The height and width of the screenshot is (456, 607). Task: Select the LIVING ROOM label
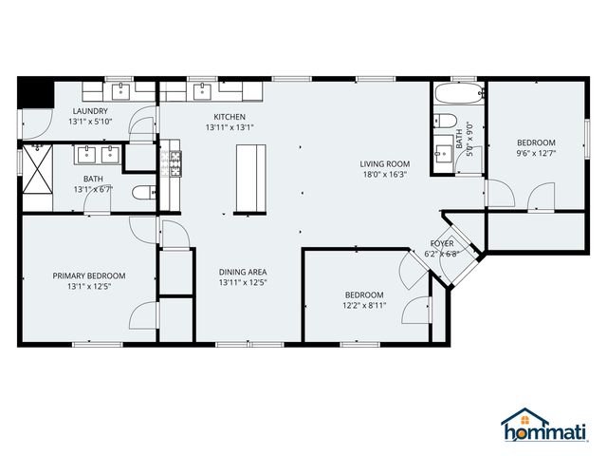click(x=383, y=164)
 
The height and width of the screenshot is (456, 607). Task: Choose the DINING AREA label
click(x=243, y=271)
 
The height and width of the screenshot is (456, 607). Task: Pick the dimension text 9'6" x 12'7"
click(x=536, y=152)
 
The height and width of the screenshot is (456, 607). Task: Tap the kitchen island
click(x=249, y=178)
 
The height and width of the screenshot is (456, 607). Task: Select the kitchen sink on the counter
click(x=202, y=91)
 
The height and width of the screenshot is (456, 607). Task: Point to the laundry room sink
click(x=120, y=91)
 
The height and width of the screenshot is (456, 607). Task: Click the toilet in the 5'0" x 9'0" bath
click(x=444, y=121)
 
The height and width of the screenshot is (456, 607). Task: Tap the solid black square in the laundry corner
click(x=34, y=94)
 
